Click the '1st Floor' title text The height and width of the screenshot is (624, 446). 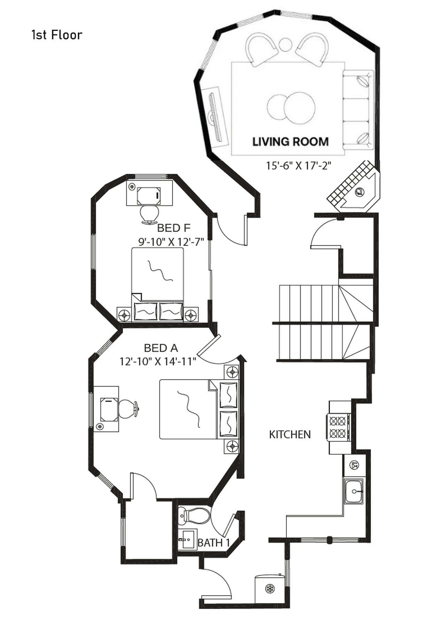pyautogui.click(x=57, y=35)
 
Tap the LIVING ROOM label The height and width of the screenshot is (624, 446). pyautogui.click(x=290, y=142)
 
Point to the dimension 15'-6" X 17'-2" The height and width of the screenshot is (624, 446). pyautogui.click(x=298, y=166)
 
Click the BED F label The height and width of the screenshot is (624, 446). pyautogui.click(x=174, y=228)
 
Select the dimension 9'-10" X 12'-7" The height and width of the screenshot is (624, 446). pyautogui.click(x=171, y=242)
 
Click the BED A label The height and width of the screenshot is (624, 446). pyautogui.click(x=161, y=348)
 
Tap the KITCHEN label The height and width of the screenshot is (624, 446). pyautogui.click(x=290, y=434)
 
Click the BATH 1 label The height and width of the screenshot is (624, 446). pyautogui.click(x=214, y=543)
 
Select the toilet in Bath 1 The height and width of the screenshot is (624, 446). pyautogui.click(x=194, y=515)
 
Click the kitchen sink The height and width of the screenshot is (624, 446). pyautogui.click(x=354, y=491)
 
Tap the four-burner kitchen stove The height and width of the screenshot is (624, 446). pyautogui.click(x=338, y=427)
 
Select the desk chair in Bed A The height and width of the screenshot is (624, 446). pyautogui.click(x=128, y=409)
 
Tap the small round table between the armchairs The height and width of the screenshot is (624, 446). pyautogui.click(x=285, y=44)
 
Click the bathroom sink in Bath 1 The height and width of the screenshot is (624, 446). pyautogui.click(x=188, y=539)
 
